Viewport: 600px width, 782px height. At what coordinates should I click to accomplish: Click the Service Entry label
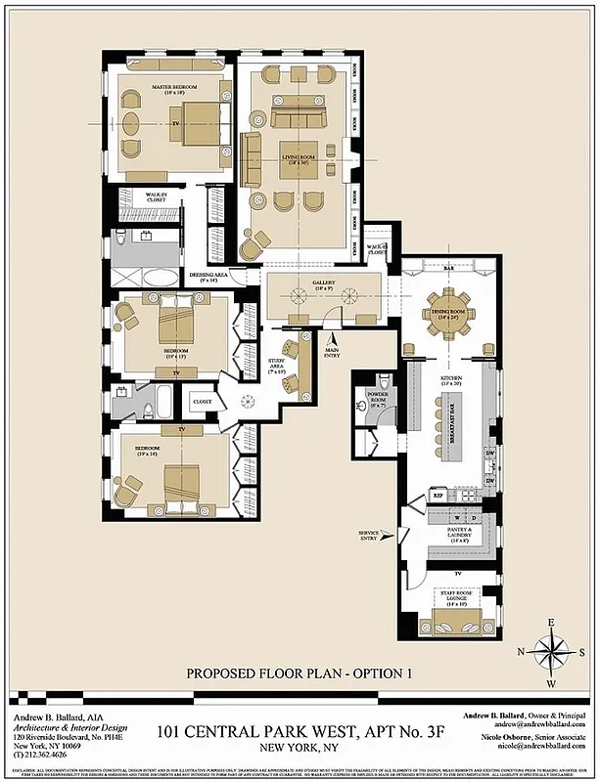click(x=369, y=534)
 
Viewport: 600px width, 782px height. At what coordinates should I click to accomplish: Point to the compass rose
click(x=552, y=651)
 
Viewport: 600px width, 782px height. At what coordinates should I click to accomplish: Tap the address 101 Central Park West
click(x=300, y=729)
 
